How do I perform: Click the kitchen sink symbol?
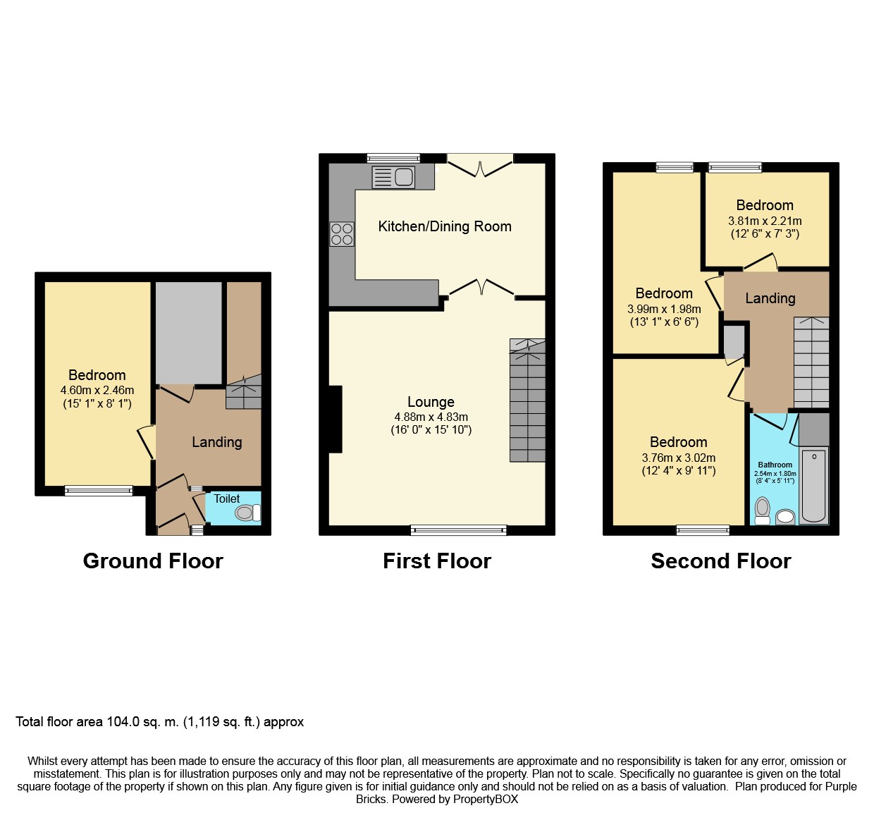pos(393,177)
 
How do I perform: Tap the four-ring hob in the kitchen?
pos(342,234)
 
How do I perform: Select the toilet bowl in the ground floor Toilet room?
pos(248,513)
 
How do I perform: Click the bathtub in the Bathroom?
pos(813,487)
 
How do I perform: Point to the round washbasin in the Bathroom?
pos(785,517)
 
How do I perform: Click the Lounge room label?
pos(431,402)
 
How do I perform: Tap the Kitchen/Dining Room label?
pos(445,226)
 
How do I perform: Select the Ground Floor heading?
pos(153,561)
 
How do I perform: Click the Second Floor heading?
pos(721,561)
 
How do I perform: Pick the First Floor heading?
pos(436,561)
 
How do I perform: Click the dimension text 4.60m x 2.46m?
pos(97,390)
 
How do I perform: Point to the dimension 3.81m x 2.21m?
pos(765,221)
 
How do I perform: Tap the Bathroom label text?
pos(775,465)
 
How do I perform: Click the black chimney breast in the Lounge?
pos(336,419)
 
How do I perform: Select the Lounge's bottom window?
pos(459,530)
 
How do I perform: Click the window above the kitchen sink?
pos(393,158)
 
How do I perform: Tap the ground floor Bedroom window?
pos(99,491)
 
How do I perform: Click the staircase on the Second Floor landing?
pos(811,362)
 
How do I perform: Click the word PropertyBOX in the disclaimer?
pos(486,800)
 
